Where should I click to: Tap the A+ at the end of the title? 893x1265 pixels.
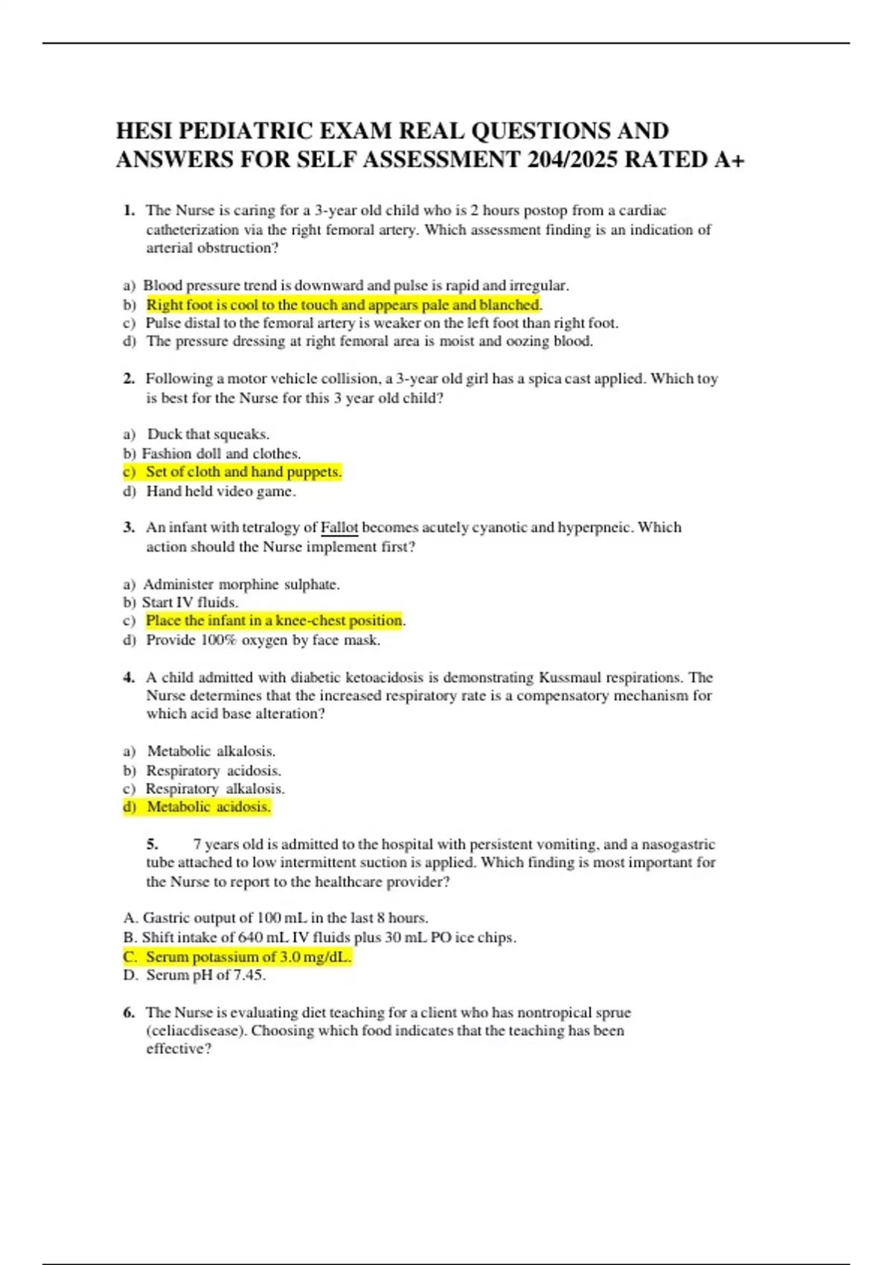point(729,160)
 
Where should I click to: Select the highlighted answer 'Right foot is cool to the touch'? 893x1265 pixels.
point(342,305)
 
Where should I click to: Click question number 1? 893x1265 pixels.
point(129,211)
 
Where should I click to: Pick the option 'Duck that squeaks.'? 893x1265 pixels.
point(208,434)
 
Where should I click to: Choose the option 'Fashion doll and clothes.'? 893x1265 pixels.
point(221,453)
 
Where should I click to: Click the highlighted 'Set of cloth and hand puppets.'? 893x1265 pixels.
point(243,472)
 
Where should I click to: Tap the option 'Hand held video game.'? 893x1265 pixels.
point(221,491)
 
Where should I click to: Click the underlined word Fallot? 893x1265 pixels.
point(339,528)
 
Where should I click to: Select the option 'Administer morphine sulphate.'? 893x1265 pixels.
point(241,584)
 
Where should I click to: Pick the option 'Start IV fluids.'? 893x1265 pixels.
point(190,602)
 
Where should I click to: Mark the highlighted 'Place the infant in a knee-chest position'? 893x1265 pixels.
point(274,621)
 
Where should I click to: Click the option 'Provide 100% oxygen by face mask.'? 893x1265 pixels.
point(263,640)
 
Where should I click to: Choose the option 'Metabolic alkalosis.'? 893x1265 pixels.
point(211,751)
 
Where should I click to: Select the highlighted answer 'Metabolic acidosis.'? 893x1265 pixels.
point(208,807)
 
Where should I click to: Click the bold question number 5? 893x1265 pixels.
point(152,844)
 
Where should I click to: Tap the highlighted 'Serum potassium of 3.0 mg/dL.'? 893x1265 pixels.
point(248,957)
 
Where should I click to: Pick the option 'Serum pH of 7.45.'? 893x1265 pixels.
point(205,975)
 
